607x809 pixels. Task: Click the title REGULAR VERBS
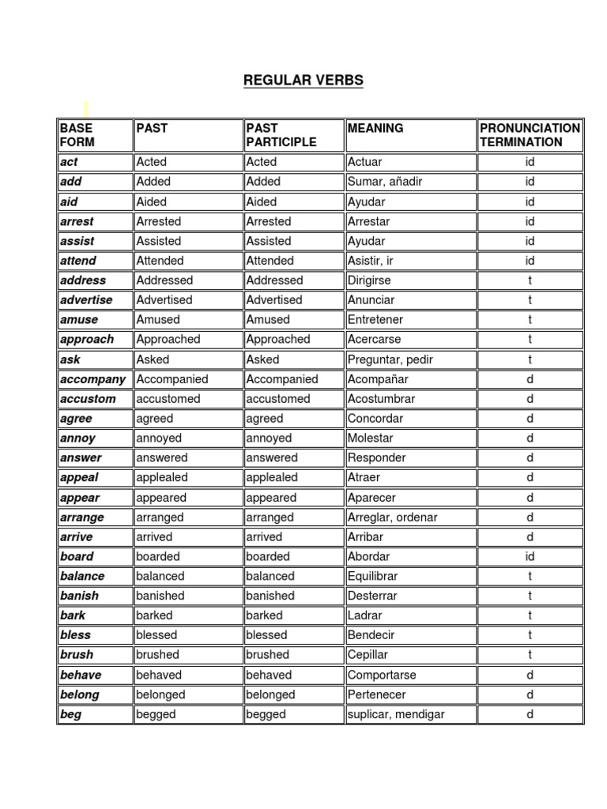point(303,81)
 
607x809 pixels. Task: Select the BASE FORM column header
point(76,135)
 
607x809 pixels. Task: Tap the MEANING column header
point(375,128)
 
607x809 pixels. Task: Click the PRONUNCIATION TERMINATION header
point(530,135)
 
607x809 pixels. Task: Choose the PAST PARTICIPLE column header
point(281,135)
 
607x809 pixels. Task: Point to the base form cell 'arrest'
point(77,221)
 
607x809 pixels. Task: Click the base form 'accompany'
point(92,379)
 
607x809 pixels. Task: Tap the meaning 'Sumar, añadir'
point(385,182)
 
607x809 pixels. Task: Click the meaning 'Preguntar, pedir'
point(390,359)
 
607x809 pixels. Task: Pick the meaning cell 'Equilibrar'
point(373,576)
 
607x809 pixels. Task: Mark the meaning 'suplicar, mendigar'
point(396,714)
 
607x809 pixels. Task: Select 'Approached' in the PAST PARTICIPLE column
point(278,340)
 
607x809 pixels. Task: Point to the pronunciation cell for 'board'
point(530,556)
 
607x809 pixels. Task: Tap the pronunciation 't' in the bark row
point(530,615)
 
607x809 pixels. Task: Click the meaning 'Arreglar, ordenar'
point(392,517)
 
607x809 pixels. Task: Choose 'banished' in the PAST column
point(160,596)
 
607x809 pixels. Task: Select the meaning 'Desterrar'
point(372,596)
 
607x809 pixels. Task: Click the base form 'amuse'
point(77,320)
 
